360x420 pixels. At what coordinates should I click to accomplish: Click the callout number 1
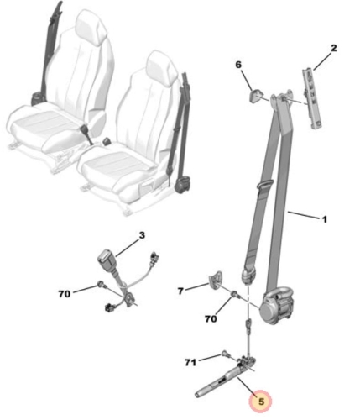point(324,219)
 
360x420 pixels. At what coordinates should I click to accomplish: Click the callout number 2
point(333,48)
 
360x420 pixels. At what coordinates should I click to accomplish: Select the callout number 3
point(142,235)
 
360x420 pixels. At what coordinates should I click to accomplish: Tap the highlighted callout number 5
point(261,402)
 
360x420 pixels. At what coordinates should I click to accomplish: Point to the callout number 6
point(238,65)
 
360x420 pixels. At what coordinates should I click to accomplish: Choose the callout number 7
point(180,291)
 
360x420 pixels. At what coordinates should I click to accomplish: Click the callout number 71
point(190,363)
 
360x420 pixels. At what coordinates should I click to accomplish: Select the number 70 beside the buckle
point(64,294)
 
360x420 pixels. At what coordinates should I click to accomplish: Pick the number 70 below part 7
point(211,318)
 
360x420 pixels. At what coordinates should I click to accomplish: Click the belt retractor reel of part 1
point(276,305)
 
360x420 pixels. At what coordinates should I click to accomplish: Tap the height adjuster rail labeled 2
point(312,99)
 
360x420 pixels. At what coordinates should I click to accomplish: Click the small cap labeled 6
point(255,96)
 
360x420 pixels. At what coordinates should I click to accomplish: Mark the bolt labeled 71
point(225,354)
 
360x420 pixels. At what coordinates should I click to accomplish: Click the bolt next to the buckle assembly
point(101,285)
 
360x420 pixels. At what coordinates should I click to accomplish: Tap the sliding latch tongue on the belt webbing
point(263,185)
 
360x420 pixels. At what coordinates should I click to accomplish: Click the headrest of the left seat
point(91,27)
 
